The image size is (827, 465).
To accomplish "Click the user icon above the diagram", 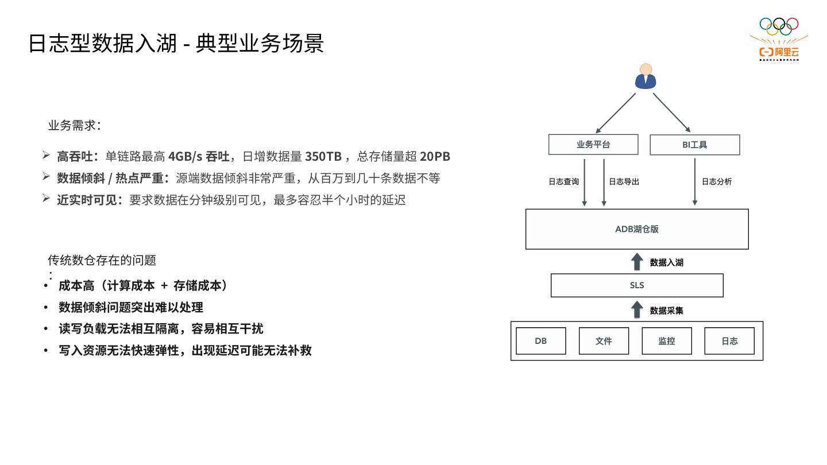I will click(646, 76).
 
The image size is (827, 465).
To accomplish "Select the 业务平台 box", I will click(593, 145).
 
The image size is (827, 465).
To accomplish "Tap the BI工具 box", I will click(694, 145).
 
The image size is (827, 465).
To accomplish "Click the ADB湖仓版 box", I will click(637, 229).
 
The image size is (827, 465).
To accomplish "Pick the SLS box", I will click(637, 285).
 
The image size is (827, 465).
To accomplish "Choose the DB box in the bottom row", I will click(541, 341).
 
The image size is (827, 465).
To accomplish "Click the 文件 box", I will click(604, 341).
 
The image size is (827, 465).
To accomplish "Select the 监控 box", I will click(666, 341).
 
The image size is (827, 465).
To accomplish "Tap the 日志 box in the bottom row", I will click(729, 341).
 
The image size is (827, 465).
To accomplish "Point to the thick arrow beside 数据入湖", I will click(637, 262).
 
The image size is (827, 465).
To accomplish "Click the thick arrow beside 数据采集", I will click(637, 310).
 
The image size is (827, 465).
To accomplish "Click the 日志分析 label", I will click(717, 181).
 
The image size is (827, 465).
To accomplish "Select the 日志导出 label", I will click(624, 181).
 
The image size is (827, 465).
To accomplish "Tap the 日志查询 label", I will click(563, 181).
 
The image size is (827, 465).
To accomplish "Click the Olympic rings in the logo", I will click(779, 25).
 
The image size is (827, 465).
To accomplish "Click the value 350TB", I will click(323, 156).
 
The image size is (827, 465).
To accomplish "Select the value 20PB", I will click(435, 156).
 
